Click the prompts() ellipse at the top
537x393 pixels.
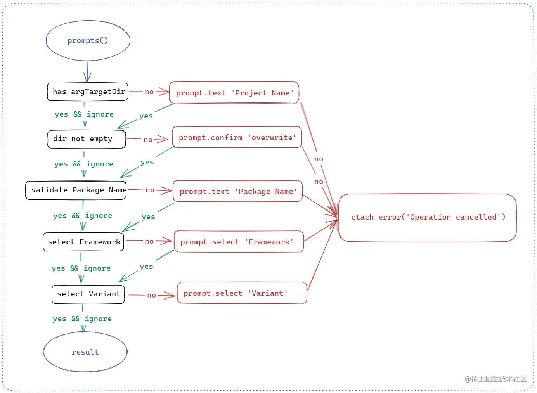(88, 41)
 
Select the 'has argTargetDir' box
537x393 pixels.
(88, 92)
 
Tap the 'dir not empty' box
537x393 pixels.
(87, 139)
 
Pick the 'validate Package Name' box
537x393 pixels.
(76, 190)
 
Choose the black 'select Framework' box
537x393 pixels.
(83, 242)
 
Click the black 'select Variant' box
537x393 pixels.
(88, 294)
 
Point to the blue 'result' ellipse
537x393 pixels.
(85, 352)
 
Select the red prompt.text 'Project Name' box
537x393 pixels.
(234, 93)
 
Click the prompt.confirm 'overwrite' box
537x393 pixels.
(237, 137)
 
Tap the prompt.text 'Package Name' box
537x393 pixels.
(237, 191)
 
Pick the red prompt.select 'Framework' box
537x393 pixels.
(239, 242)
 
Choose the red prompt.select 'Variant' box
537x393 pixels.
(242, 293)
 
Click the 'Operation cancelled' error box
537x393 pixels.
(428, 217)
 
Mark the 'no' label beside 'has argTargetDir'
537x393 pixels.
(149, 92)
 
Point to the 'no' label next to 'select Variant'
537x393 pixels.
(151, 295)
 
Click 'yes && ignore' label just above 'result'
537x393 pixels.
(82, 319)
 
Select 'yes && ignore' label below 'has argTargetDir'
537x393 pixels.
(84, 114)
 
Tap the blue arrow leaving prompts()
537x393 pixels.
(87, 72)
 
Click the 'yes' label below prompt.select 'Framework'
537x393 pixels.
(146, 267)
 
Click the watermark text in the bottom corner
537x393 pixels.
(495, 379)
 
